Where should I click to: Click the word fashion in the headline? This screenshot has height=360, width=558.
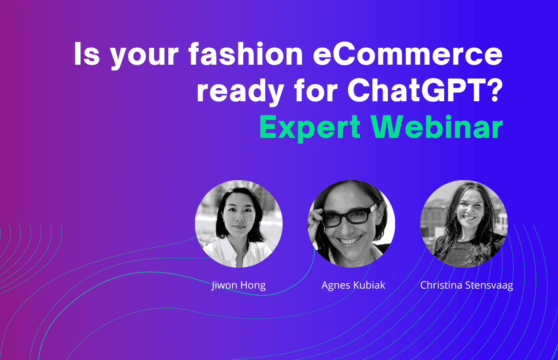(246, 54)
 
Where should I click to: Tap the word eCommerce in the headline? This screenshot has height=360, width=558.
(408, 54)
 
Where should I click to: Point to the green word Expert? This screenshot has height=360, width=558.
(310, 128)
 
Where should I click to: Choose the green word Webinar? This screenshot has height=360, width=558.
(437, 127)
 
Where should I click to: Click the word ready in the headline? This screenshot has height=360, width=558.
(241, 91)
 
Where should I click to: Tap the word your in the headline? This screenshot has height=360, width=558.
(145, 56)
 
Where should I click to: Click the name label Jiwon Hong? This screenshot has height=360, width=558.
(238, 286)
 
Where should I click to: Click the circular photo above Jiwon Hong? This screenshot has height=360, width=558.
(239, 224)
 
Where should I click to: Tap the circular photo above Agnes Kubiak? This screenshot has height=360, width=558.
(351, 224)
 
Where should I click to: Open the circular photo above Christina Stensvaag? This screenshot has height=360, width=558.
(464, 224)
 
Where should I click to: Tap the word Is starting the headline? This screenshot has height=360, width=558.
(87, 54)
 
